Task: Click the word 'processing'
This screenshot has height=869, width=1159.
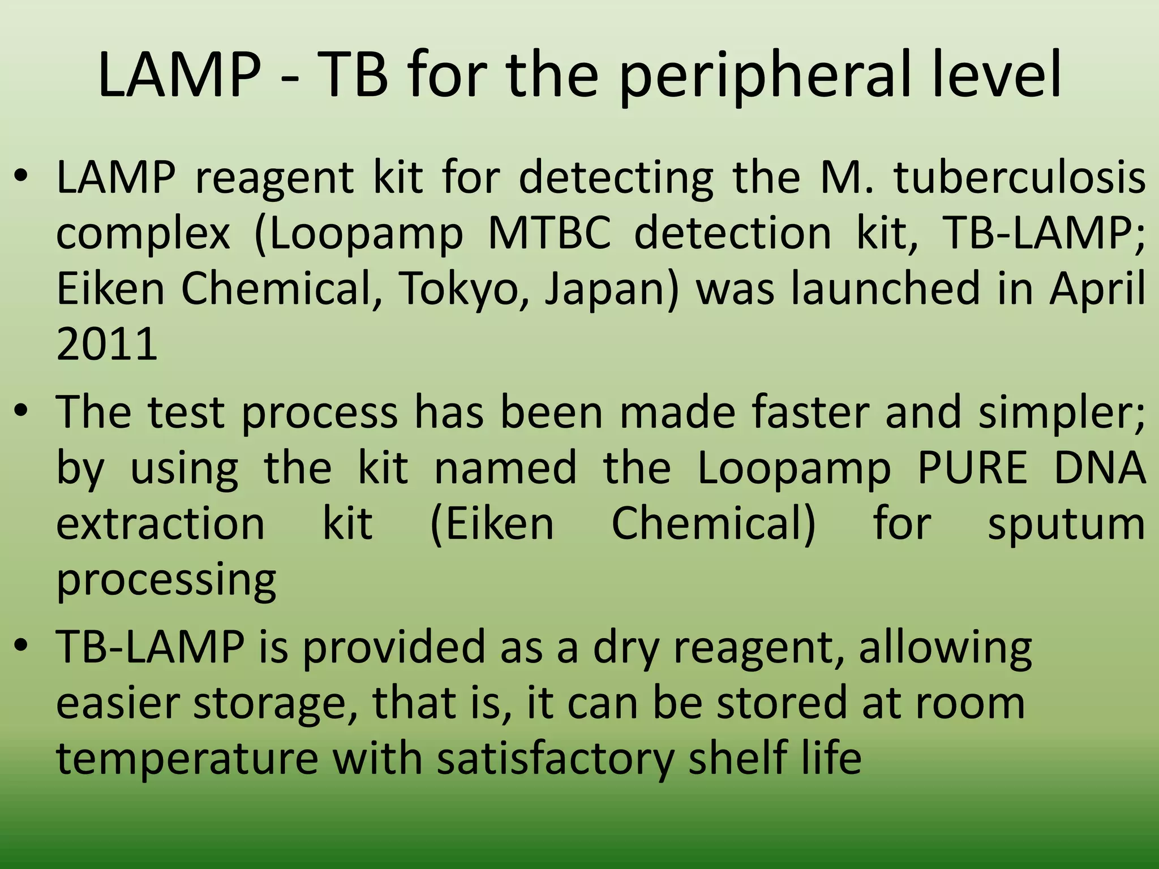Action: (x=166, y=580)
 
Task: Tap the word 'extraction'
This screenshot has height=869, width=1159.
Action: (x=161, y=523)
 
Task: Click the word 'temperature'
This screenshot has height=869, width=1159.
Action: (x=187, y=758)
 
